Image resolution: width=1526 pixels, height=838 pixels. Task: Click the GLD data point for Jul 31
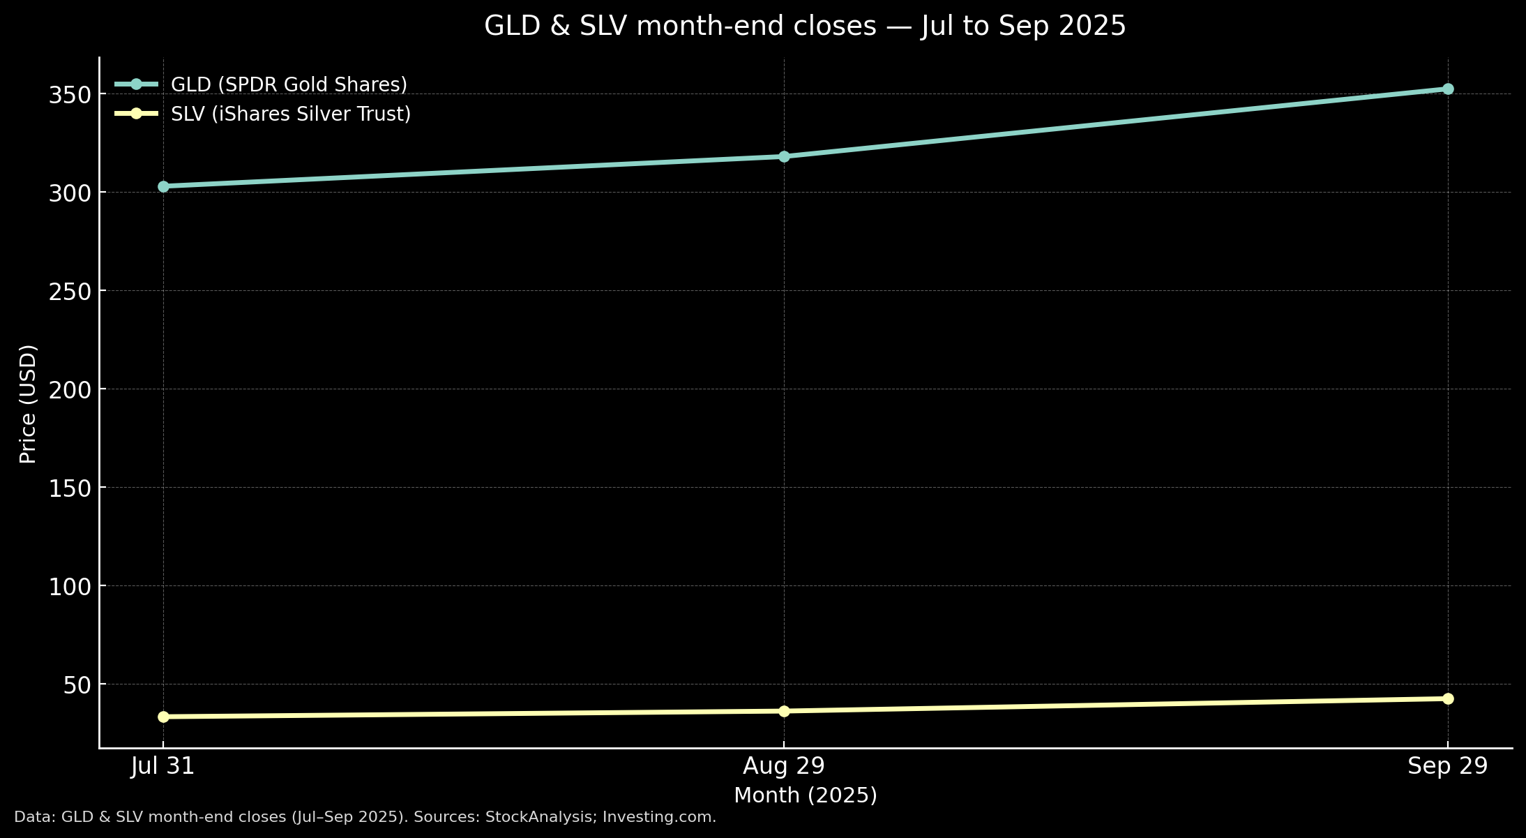tap(163, 186)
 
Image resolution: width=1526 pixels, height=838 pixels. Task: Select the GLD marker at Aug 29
tap(784, 156)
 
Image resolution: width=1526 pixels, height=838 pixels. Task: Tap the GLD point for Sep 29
tap(1448, 89)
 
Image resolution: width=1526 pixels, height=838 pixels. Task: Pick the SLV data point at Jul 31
tap(163, 717)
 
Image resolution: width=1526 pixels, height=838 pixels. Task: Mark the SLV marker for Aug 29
tap(784, 711)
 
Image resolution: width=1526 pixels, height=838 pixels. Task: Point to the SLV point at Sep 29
tap(1448, 698)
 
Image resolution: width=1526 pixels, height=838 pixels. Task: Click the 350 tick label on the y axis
tap(70, 95)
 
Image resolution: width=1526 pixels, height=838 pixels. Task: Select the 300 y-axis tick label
tap(70, 193)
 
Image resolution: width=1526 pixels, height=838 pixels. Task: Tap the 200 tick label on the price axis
tap(70, 390)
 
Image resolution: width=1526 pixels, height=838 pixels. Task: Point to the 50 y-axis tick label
tap(77, 685)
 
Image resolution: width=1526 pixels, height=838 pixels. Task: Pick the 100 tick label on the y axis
tap(70, 587)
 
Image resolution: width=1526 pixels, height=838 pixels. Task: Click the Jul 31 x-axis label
tap(163, 766)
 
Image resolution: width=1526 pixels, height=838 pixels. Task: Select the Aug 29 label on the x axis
tap(784, 766)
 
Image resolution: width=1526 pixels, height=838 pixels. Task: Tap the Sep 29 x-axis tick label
tap(1448, 766)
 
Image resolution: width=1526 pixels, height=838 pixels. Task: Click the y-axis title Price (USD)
tap(28, 403)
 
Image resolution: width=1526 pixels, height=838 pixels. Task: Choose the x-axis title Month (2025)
tap(806, 795)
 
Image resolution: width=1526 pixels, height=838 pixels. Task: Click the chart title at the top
tap(805, 27)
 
